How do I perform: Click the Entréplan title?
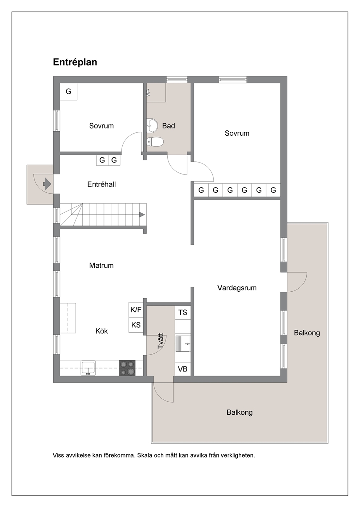(75, 62)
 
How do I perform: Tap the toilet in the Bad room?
(155, 142)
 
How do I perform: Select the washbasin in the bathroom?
(152, 125)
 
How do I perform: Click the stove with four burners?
(127, 368)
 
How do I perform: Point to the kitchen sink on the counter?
(88, 368)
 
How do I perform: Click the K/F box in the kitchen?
(136, 310)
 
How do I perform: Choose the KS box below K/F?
(136, 325)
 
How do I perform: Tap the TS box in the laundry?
(183, 313)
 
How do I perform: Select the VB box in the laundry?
(183, 369)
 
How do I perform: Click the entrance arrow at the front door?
(47, 184)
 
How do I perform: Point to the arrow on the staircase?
(142, 214)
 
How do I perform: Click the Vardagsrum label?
(237, 288)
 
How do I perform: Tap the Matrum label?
(101, 266)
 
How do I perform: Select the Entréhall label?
(101, 184)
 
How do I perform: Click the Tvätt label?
(160, 341)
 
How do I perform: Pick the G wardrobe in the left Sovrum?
(69, 91)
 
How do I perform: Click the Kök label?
(102, 331)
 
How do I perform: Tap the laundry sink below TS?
(183, 343)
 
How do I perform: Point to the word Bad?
(168, 126)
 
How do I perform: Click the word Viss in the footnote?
(58, 455)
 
